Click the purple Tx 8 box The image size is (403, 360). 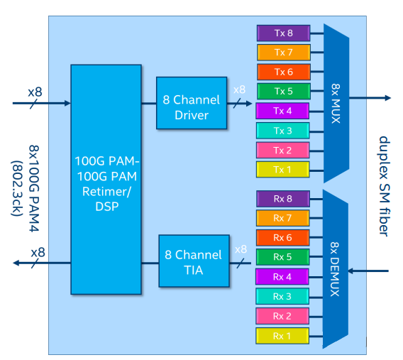283,33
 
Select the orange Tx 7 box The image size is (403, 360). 283,53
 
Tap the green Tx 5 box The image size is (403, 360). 283,92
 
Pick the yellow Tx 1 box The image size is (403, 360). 283,170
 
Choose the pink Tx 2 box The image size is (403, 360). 283,151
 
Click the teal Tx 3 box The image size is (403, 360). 283,131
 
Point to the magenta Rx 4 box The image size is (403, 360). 282,276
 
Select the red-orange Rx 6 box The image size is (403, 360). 282,237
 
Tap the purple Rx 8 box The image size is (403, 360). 282,199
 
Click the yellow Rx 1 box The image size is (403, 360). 282,335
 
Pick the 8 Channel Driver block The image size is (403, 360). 192,103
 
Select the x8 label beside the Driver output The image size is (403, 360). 240,90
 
